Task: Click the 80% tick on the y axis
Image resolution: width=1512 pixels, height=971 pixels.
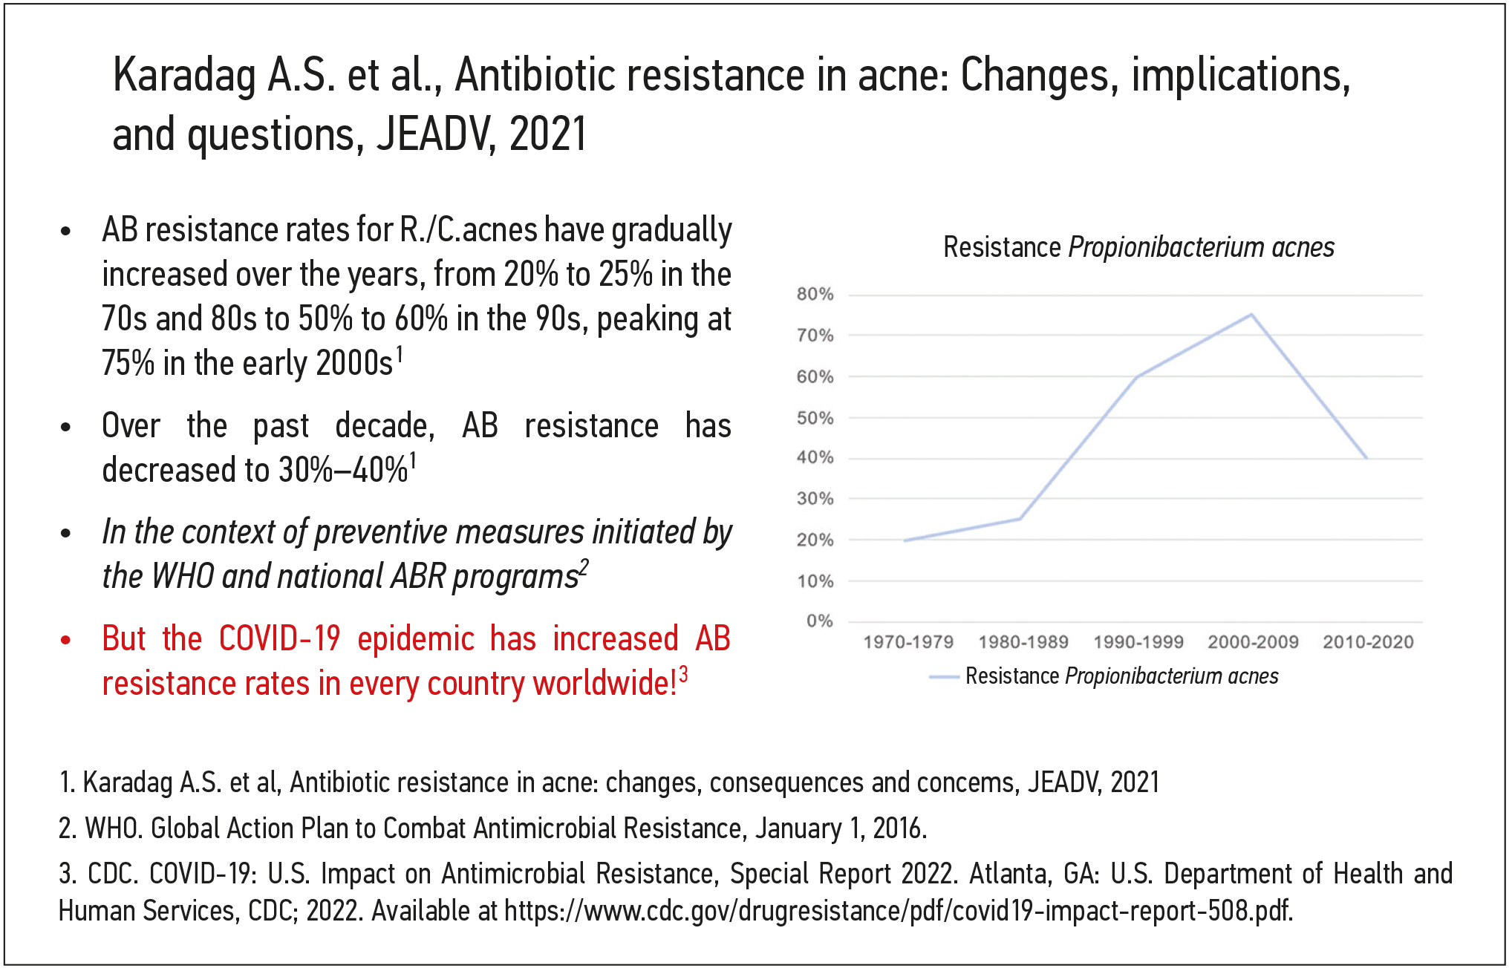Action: (815, 294)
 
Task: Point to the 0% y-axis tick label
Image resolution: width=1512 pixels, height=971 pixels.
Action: (819, 621)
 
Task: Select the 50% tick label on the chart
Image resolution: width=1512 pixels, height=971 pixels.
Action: (815, 418)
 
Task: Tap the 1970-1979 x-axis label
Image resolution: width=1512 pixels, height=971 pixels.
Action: (907, 642)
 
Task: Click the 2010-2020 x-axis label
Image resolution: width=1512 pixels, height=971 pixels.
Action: (1368, 642)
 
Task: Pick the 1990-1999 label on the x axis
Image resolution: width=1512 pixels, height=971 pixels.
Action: (1138, 642)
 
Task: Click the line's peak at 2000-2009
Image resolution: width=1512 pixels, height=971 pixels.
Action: (1251, 315)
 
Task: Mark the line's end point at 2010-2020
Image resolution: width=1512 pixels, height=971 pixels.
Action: (1366, 458)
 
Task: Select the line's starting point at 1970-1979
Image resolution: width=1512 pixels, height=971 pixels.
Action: (905, 540)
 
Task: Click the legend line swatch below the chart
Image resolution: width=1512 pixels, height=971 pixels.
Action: (944, 677)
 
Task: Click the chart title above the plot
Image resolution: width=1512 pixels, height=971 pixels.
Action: (1138, 247)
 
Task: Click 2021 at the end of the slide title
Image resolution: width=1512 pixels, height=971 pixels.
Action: (548, 135)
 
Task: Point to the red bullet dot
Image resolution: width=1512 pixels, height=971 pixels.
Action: (66, 639)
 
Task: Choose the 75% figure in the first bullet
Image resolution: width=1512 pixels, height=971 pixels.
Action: (128, 364)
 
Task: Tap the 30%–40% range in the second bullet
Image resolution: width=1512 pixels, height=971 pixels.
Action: (343, 470)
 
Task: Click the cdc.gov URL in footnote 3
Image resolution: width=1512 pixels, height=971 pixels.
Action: (898, 911)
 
